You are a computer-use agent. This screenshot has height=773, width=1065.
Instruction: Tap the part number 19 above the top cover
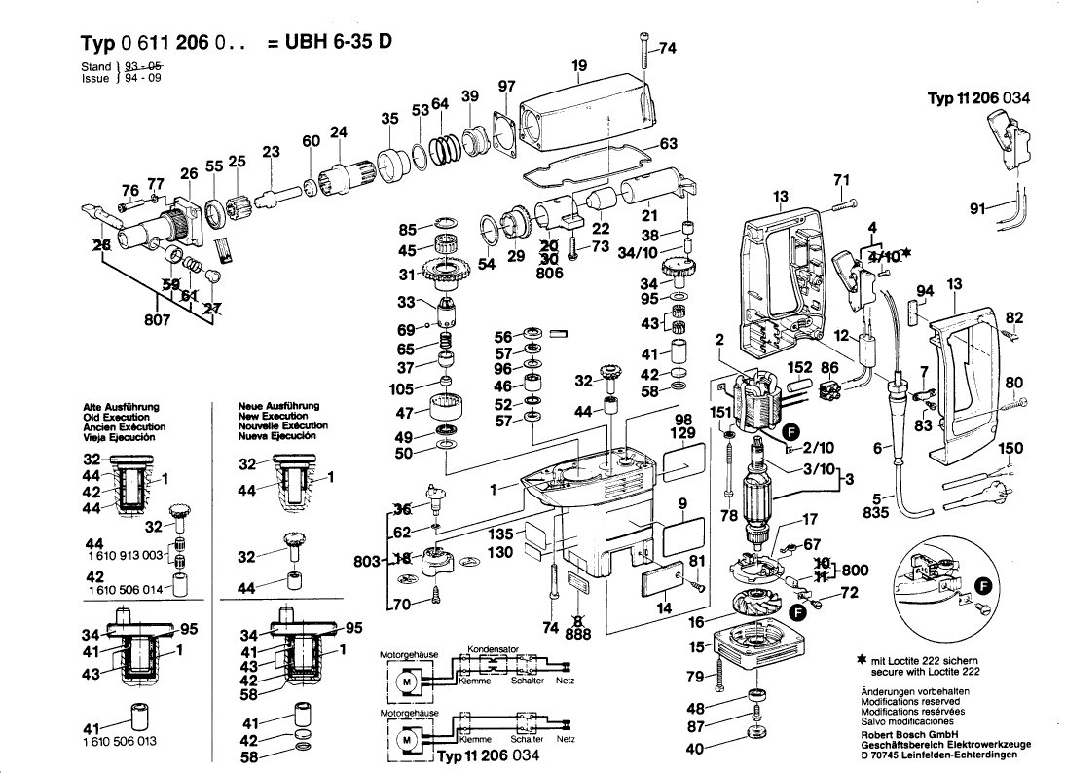click(579, 66)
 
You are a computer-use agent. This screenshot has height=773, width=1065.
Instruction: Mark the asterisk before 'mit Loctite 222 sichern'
click(861, 662)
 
